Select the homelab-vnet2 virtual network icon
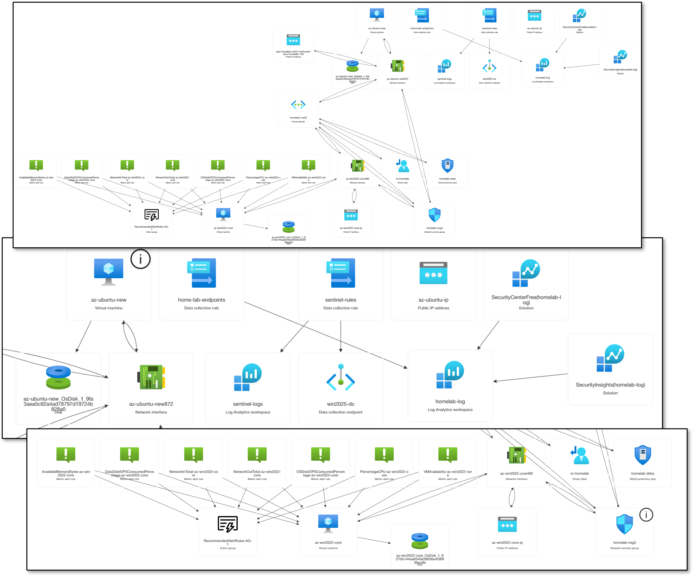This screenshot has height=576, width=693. click(x=298, y=105)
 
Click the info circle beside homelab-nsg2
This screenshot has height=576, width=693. click(x=646, y=515)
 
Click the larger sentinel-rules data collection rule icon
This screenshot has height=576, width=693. click(x=340, y=273)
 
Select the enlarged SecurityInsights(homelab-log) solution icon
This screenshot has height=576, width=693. click(x=610, y=358)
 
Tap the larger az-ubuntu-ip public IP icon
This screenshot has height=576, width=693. click(x=433, y=273)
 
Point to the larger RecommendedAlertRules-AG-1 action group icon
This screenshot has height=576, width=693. click(x=228, y=524)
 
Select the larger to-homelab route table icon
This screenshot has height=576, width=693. click(x=580, y=455)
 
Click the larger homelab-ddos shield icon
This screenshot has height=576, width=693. click(x=643, y=455)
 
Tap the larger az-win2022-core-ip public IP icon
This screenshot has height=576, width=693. click(x=507, y=524)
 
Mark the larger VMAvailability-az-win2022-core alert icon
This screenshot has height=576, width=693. click(x=447, y=455)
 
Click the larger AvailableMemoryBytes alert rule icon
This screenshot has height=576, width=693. click(x=66, y=455)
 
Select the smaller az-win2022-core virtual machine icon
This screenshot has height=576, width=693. click(x=223, y=215)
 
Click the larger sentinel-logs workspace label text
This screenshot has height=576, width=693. click(x=248, y=404)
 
